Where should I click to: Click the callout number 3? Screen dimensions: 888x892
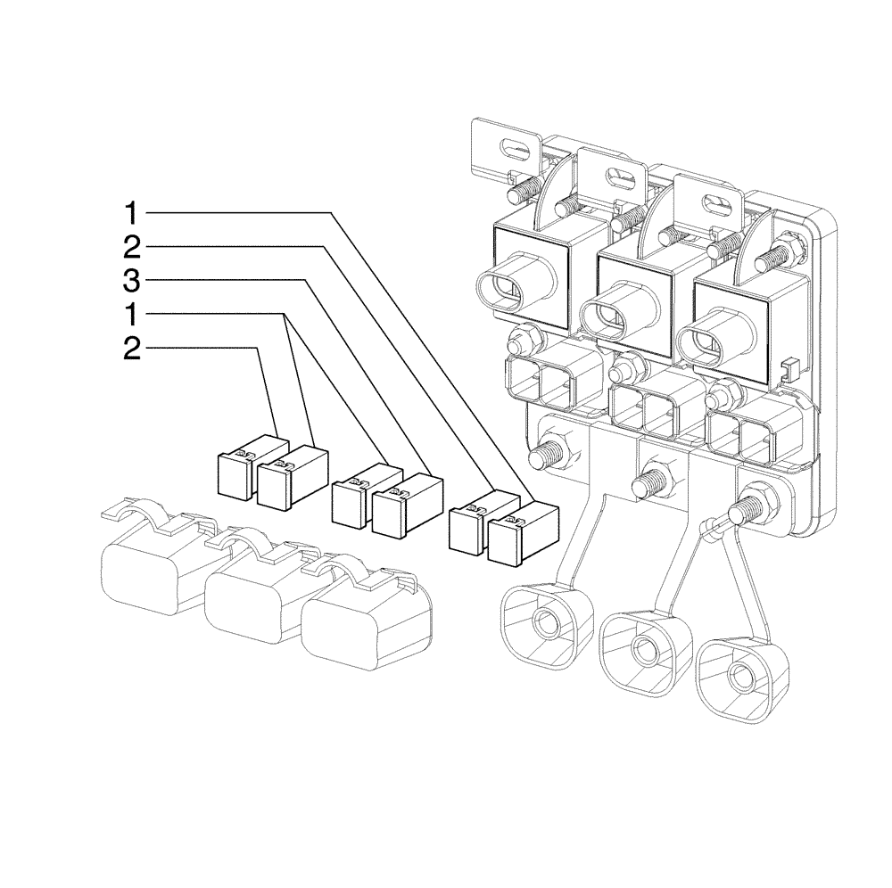(x=130, y=283)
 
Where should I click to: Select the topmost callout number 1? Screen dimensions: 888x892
(x=130, y=214)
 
